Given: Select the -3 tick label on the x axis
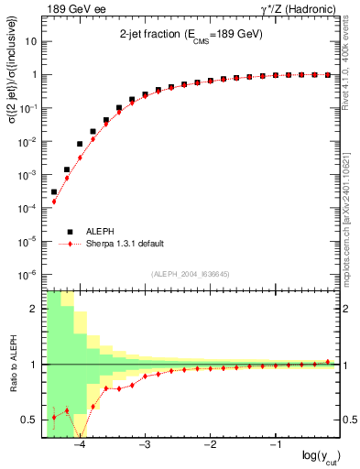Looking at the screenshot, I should [144, 445].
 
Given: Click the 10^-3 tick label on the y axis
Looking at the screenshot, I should [27, 175].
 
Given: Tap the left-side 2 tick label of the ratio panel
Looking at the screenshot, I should [34, 309].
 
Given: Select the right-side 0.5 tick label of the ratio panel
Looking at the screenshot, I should [348, 420].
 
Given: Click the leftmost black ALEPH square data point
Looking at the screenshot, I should [54, 192].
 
